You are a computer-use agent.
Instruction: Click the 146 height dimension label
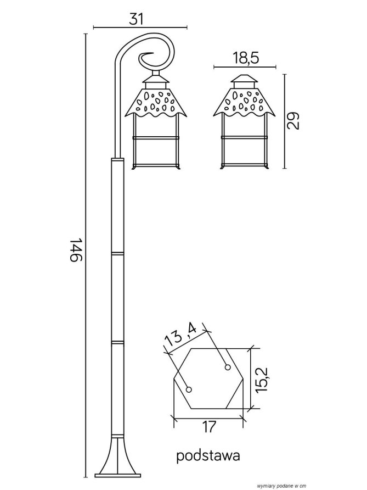75,250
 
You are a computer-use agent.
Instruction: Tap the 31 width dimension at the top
137,19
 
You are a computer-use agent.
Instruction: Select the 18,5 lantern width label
246,58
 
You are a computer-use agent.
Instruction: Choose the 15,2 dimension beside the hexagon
262,380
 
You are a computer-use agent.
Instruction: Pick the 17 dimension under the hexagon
209,427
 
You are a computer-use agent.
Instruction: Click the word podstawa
208,456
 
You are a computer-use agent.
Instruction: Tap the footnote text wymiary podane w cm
276,486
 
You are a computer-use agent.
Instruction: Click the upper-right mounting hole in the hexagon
228,367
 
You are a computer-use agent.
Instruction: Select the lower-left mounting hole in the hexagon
189,389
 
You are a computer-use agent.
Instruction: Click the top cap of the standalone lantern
245,79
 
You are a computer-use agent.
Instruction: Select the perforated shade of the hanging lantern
156,103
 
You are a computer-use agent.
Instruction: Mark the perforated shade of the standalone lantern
245,103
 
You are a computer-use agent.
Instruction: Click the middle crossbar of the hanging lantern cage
156,137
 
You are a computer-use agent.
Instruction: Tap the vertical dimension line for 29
284,121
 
